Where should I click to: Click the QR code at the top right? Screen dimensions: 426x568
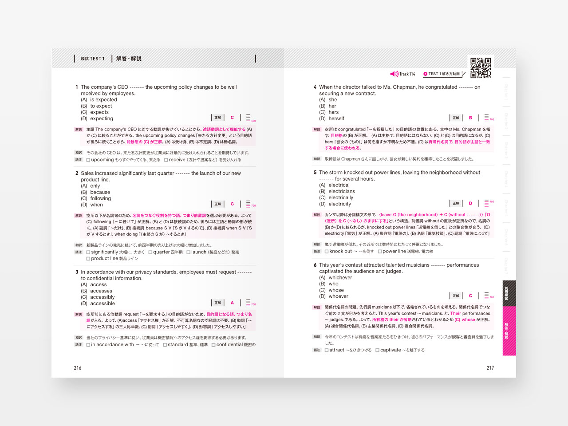[481, 67]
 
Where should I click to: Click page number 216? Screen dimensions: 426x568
[78, 368]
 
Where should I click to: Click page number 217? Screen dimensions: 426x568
[490, 368]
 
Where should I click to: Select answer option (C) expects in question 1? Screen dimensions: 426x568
[99, 112]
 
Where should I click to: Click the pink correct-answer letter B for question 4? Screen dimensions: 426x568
[470, 118]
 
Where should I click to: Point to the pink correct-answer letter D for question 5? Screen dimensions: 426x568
[470, 203]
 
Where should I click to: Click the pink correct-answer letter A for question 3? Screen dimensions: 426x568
[232, 303]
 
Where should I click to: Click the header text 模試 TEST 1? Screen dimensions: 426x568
[92, 59]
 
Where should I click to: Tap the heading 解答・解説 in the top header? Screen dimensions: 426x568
[129, 59]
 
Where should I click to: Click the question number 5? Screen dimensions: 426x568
[315, 173]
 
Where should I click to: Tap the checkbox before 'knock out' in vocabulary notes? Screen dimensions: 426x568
[327, 252]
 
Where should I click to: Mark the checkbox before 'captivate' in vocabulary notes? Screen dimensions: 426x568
[377, 350]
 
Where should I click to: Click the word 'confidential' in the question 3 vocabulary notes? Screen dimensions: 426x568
[229, 345]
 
